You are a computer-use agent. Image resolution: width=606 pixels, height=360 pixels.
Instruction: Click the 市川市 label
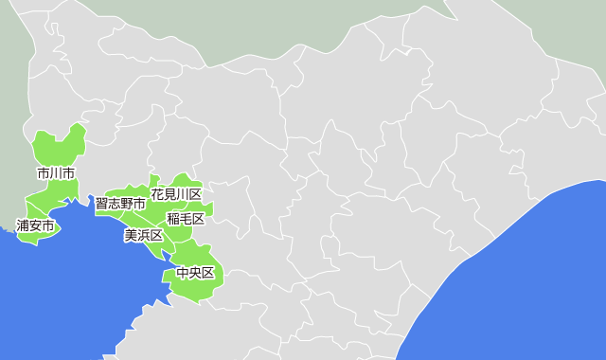(56, 173)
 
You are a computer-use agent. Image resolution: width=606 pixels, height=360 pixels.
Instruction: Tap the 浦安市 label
(35, 226)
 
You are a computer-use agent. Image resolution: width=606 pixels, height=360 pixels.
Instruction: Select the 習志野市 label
(120, 204)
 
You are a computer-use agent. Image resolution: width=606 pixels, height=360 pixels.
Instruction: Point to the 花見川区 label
(176, 194)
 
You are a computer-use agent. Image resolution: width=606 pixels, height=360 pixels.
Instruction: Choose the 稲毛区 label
(186, 219)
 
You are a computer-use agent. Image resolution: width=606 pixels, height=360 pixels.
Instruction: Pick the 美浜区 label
(144, 235)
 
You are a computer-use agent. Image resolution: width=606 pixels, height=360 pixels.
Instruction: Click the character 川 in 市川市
(56, 173)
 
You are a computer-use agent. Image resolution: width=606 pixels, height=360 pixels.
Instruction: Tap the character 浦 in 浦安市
(23, 226)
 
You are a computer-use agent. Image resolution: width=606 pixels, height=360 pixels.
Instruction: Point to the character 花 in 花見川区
(157, 194)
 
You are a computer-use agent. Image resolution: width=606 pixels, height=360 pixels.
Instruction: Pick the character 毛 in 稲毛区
(186, 219)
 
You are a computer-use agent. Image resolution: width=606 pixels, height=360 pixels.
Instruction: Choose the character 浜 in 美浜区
(144, 235)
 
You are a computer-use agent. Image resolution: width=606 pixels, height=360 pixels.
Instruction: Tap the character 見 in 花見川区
(169, 194)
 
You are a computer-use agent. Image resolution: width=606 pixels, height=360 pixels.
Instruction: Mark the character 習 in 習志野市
(101, 204)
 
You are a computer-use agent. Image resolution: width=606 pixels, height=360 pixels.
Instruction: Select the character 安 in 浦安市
(35, 226)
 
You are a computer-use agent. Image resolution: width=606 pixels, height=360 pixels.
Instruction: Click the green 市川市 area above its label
(60, 147)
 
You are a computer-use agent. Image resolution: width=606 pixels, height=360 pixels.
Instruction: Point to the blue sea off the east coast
(530, 284)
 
